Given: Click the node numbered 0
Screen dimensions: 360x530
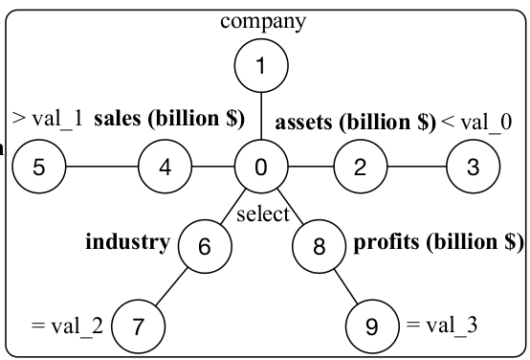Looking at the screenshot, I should coord(261,168).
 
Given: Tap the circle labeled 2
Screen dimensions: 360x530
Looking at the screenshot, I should coord(360,168).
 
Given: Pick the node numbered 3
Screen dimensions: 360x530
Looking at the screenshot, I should coord(473,168).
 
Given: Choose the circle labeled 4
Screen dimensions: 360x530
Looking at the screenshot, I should coord(166,168).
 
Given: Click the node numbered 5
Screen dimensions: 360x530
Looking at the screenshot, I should coord(39,168).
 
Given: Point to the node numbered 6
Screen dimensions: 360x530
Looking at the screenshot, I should coord(204,246).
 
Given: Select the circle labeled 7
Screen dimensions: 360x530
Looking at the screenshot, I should coord(140,326).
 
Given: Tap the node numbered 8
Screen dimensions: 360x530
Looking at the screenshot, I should coord(320,246).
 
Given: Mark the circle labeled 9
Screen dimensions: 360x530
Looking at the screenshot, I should coord(373,326).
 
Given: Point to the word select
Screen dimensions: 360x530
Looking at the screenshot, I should coord(262,214).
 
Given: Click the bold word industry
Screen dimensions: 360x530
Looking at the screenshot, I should coord(128,241).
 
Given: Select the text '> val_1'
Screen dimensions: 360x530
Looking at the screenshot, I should coord(47,119).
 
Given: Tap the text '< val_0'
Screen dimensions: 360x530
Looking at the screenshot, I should coord(476,122).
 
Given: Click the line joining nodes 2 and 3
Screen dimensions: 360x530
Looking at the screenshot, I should coord(416,168).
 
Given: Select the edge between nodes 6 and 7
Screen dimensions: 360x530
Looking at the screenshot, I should coord(172,285).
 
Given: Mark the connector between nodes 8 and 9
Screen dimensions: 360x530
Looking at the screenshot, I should coord(346,286).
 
